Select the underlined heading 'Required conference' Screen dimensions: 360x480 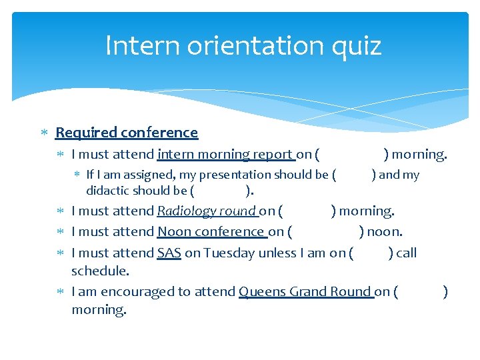click(127, 133)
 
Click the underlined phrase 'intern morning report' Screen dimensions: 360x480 click(225, 155)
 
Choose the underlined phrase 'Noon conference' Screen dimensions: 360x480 click(211, 232)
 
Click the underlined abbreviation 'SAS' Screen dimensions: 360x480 click(169, 253)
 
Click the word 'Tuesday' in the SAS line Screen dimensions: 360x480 click(226, 253)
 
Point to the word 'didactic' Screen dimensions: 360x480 click(108, 191)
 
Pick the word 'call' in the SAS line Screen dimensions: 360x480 click(406, 253)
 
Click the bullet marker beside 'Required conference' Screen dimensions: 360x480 click(44, 133)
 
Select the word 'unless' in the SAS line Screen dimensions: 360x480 click(271, 253)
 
